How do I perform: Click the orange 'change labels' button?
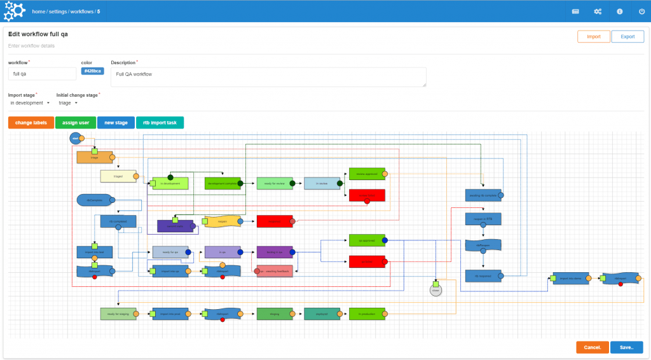click(31, 123)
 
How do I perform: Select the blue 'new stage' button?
click(116, 123)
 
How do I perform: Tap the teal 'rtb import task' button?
click(160, 123)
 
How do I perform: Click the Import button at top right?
click(593, 37)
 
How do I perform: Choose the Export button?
click(627, 37)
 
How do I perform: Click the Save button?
click(626, 347)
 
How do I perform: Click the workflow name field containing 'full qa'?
click(42, 74)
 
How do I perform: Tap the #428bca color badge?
click(92, 71)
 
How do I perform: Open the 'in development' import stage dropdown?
click(30, 103)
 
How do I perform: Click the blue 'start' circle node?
click(75, 138)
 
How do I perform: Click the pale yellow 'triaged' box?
click(118, 176)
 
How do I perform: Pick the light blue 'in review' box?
click(322, 184)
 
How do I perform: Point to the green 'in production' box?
click(367, 314)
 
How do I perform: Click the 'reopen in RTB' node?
click(483, 219)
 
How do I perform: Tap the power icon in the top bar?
click(641, 11)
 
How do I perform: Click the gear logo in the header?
click(14, 11)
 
